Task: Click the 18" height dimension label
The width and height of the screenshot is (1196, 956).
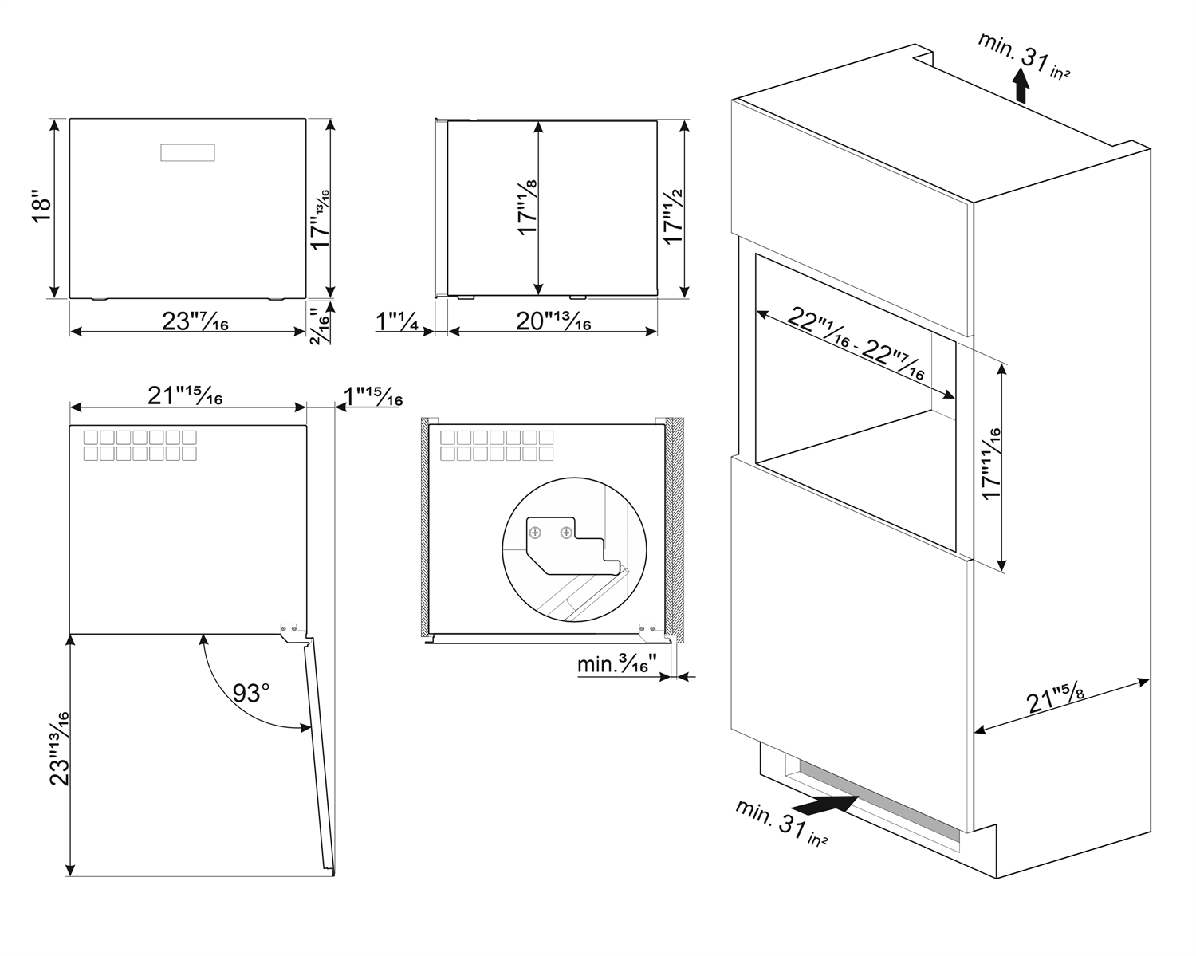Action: coord(41,207)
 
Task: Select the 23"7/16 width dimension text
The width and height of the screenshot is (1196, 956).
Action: coord(195,321)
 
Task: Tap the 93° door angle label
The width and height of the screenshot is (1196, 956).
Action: coord(250,693)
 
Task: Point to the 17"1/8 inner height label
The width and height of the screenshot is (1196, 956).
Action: coord(527,208)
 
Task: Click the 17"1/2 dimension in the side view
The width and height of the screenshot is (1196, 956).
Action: coord(673,217)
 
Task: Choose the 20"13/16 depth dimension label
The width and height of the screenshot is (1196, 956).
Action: coord(553,321)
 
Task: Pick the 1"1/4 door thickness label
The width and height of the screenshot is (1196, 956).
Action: coord(397,321)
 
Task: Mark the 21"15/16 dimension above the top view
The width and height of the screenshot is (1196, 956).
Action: coord(185,395)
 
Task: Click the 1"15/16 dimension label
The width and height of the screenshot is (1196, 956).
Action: coord(373,396)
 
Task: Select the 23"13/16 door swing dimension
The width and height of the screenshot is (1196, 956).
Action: coord(60,748)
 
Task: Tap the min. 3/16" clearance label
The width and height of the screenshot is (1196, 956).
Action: coord(617,664)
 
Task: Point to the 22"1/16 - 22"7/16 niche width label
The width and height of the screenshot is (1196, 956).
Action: coord(856,343)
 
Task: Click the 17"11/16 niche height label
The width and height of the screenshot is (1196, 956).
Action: coord(991,464)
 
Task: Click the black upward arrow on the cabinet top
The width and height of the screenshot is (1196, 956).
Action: coord(1021,85)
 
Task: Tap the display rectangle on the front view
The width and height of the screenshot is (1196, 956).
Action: coord(188,152)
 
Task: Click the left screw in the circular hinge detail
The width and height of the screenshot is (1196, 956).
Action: coord(535,533)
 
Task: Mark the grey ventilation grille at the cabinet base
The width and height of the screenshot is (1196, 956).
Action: coord(879,801)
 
